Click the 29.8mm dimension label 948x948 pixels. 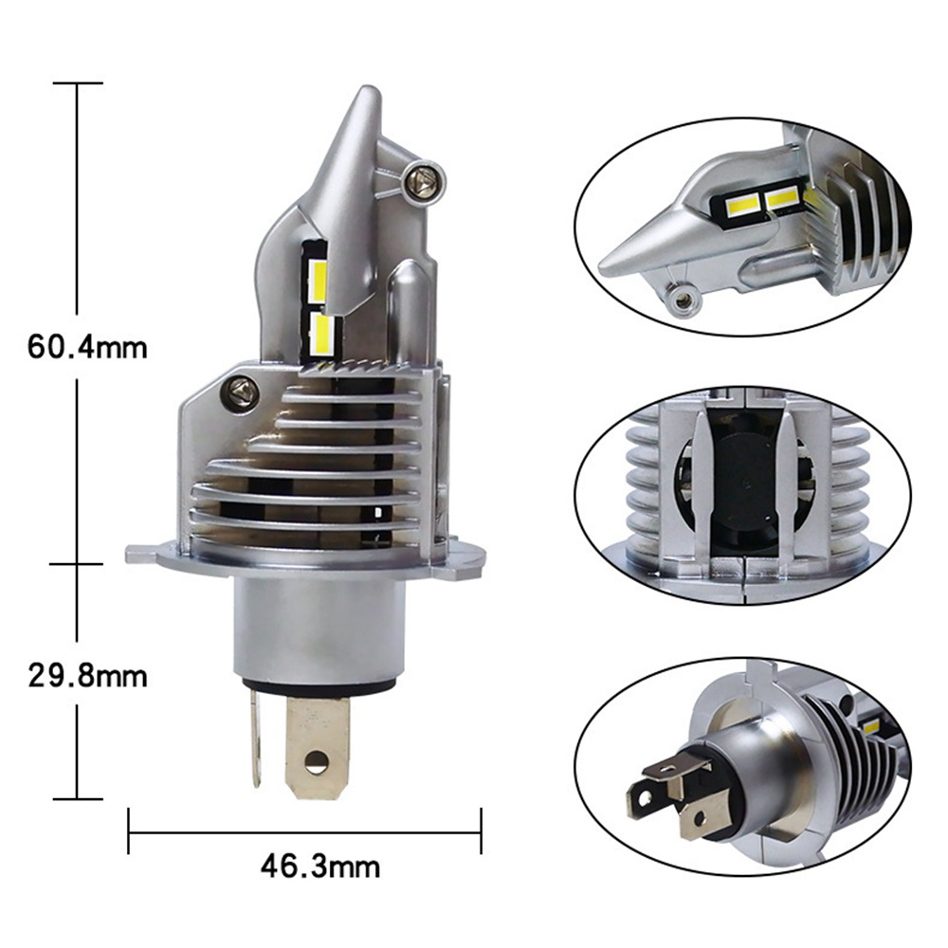tap(87, 677)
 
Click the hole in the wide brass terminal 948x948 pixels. tap(317, 758)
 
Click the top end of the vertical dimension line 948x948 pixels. tap(78, 83)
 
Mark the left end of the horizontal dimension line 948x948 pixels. tap(129, 834)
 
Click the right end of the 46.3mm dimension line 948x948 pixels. tap(482, 834)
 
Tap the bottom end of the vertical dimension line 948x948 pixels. tap(78, 798)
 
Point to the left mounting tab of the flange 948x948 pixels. tap(139, 553)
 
